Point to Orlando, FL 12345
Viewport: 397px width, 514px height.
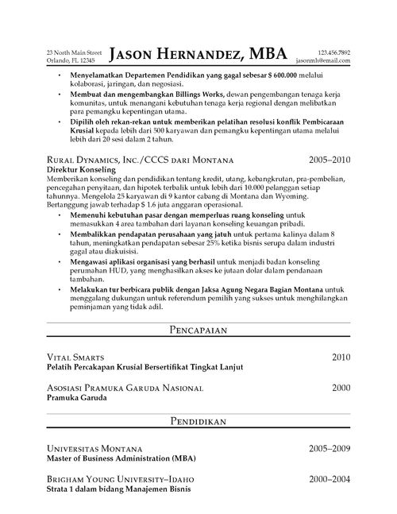(71, 60)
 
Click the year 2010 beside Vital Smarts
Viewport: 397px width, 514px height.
(340, 357)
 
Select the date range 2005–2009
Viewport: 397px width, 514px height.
(327, 449)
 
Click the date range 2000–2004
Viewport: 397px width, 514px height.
(327, 479)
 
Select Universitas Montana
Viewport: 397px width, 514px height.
(94, 450)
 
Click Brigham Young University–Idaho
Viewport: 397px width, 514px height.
(120, 480)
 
